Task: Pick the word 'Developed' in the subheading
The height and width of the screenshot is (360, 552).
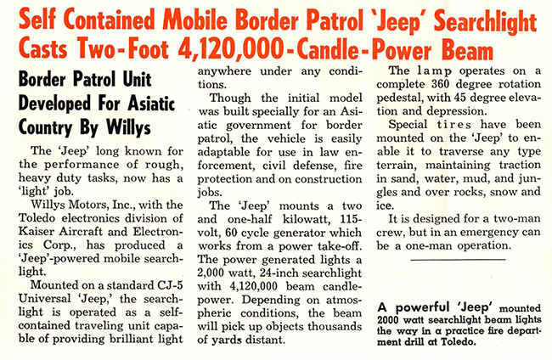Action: (59, 109)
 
